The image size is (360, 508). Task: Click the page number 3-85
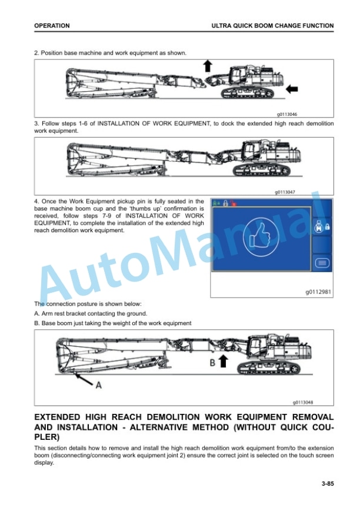click(328, 484)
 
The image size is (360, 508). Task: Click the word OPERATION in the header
click(52, 26)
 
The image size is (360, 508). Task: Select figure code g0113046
click(287, 115)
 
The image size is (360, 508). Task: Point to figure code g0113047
click(285, 192)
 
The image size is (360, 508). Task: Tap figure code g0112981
click(318, 292)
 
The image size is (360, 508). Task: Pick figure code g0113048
click(303, 402)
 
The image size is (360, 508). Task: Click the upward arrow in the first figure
click(208, 66)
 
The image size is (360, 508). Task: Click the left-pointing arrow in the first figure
click(292, 88)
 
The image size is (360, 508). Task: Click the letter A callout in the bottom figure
click(98, 385)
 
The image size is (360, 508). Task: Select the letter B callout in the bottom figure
click(212, 362)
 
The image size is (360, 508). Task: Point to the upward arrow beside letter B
click(223, 360)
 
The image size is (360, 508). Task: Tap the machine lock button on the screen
click(322, 226)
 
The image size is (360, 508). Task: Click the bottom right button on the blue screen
click(322, 263)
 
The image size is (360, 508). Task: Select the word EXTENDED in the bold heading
click(57, 417)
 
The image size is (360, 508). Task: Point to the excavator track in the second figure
click(262, 170)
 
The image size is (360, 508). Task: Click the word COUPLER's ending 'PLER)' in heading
click(47, 437)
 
